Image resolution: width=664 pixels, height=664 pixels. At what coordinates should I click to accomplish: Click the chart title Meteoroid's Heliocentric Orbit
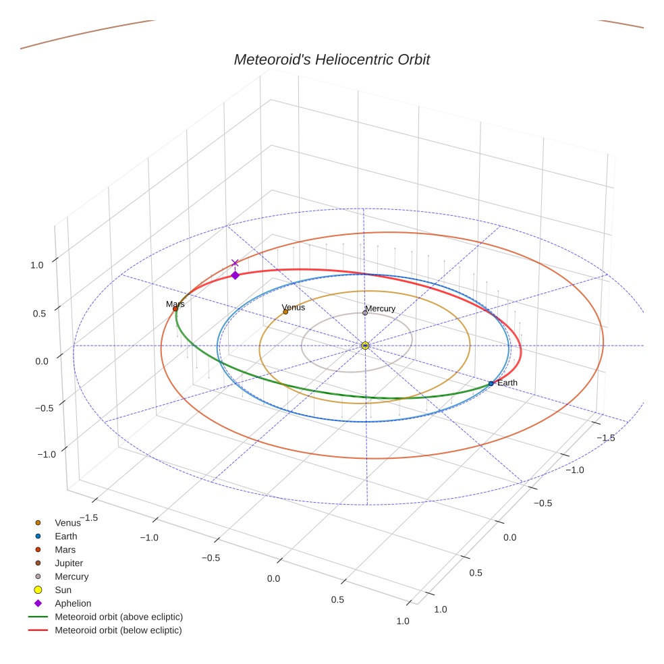331,59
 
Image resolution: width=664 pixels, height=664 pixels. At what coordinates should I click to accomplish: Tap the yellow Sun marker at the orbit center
365,345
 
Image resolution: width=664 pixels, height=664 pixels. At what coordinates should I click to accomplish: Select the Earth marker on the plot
491,383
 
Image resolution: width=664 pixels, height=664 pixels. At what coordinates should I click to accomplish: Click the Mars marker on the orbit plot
175,309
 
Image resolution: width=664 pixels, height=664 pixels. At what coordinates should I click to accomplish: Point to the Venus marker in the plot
285,312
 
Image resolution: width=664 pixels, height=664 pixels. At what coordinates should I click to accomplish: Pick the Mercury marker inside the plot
365,312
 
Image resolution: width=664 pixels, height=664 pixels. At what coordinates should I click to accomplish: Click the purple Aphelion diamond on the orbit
235,275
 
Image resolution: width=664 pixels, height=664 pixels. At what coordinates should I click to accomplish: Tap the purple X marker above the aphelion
235,263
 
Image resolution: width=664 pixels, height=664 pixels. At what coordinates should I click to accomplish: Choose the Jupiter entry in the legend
69,563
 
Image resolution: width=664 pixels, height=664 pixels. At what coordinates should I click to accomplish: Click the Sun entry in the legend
64,590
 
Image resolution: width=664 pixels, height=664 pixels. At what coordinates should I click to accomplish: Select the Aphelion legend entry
72,603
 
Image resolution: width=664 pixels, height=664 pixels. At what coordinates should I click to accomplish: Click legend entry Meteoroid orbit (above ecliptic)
118,617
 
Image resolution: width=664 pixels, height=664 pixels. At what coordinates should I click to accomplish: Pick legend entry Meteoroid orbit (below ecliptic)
118,630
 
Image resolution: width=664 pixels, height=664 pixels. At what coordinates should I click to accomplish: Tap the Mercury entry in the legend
72,576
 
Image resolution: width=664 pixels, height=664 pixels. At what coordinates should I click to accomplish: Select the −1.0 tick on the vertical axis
47,454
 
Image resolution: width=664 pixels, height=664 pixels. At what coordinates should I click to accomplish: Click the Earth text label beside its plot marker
507,383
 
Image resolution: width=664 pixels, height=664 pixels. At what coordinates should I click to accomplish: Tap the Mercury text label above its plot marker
381,308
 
